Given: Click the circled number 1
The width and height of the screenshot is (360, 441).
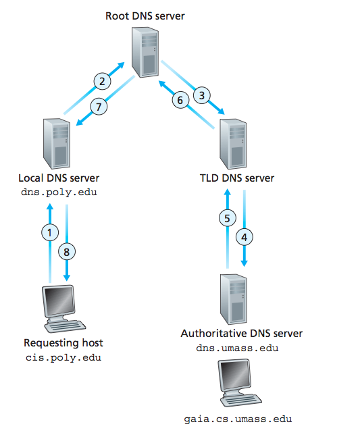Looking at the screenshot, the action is point(50,232).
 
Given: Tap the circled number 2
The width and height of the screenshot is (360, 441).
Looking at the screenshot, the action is point(102,81).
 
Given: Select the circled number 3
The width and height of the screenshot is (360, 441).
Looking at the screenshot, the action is point(202,95).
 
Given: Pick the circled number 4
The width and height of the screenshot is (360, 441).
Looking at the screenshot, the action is point(244,237).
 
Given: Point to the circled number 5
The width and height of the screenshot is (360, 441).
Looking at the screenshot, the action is point(227,218).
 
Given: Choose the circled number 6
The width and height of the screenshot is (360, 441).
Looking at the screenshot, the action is point(180,100).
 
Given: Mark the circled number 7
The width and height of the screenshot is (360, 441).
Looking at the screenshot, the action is point(99,106).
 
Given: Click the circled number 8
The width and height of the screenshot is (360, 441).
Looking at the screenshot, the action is point(67,251).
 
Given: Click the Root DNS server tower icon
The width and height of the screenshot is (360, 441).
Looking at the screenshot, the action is point(145,52).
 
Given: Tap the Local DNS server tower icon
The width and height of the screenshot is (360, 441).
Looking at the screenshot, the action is point(57,144).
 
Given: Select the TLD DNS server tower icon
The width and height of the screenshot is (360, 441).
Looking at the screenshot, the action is point(233,144).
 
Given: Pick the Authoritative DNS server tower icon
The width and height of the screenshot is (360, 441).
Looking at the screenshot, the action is point(234,299).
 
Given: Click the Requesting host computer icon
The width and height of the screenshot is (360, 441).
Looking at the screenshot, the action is point(63,309).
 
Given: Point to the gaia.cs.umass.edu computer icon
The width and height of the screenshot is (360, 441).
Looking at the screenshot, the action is point(240,383).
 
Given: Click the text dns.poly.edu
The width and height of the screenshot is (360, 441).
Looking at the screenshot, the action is point(59,192).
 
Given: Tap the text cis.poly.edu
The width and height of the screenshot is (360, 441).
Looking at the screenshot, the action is point(63,358).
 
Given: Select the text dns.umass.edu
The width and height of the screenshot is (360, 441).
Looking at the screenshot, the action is point(237,348).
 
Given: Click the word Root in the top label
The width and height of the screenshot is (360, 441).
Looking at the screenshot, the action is point(117,16).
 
